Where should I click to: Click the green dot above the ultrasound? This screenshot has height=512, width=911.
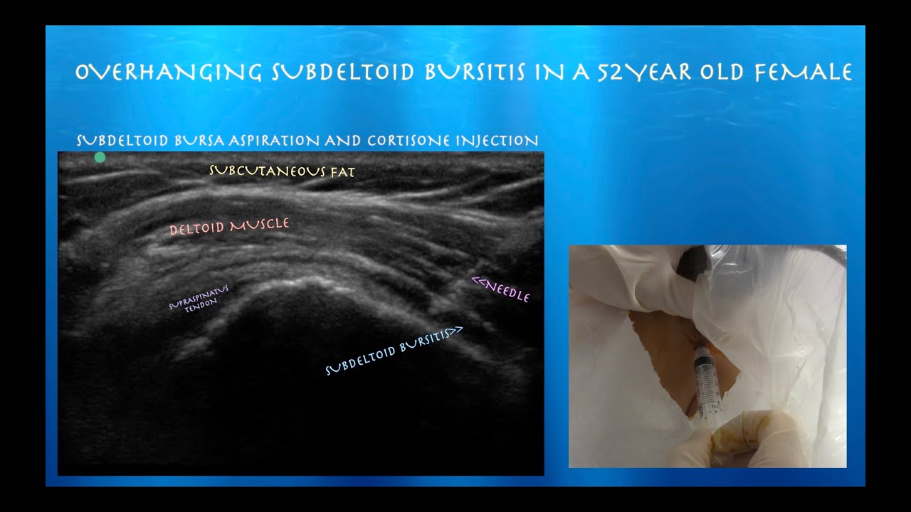[100, 157]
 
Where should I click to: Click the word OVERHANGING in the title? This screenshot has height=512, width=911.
[167, 73]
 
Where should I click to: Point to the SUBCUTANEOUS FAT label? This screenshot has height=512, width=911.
[282, 171]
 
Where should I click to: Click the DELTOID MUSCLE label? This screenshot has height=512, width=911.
[229, 227]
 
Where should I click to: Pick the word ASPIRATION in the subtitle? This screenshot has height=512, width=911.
[273, 141]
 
